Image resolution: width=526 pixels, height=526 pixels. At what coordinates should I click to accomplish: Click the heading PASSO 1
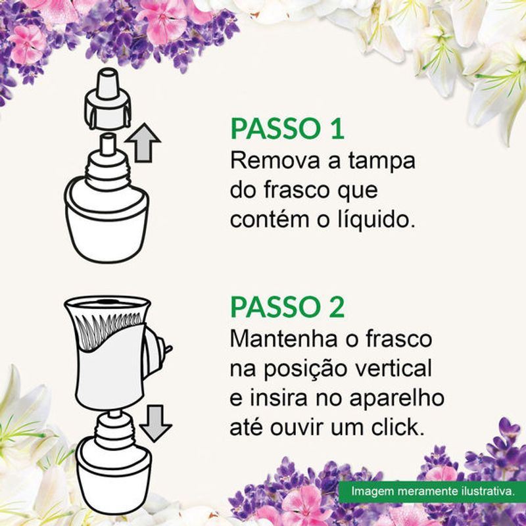(287, 129)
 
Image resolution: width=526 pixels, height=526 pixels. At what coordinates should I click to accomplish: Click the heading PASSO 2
(287, 307)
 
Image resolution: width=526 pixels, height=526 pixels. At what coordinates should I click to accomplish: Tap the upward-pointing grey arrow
(143, 143)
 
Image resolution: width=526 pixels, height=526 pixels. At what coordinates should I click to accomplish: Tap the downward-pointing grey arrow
(155, 423)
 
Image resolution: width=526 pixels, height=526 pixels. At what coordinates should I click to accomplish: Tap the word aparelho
(397, 399)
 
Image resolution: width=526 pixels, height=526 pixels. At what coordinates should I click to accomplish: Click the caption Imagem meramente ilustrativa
(433, 491)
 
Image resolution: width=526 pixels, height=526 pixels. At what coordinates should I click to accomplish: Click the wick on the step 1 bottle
(107, 144)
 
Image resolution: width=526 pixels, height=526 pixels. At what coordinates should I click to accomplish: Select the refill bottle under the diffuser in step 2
(114, 463)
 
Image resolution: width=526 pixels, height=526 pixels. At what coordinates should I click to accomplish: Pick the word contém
(270, 220)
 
